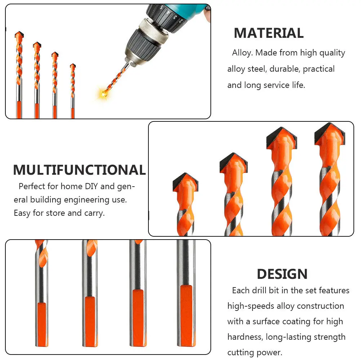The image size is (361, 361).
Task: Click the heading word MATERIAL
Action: pyautogui.click(x=268, y=33)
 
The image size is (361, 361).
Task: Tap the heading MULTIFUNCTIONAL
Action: pyautogui.click(x=79, y=170)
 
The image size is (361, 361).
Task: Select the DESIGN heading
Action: pyautogui.click(x=282, y=274)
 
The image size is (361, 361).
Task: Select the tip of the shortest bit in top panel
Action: pyautogui.click(x=73, y=66)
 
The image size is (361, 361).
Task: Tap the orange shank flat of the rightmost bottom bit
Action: pyautogui.click(x=186, y=313)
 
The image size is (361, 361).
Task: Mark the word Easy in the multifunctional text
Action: pyautogui.click(x=22, y=213)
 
